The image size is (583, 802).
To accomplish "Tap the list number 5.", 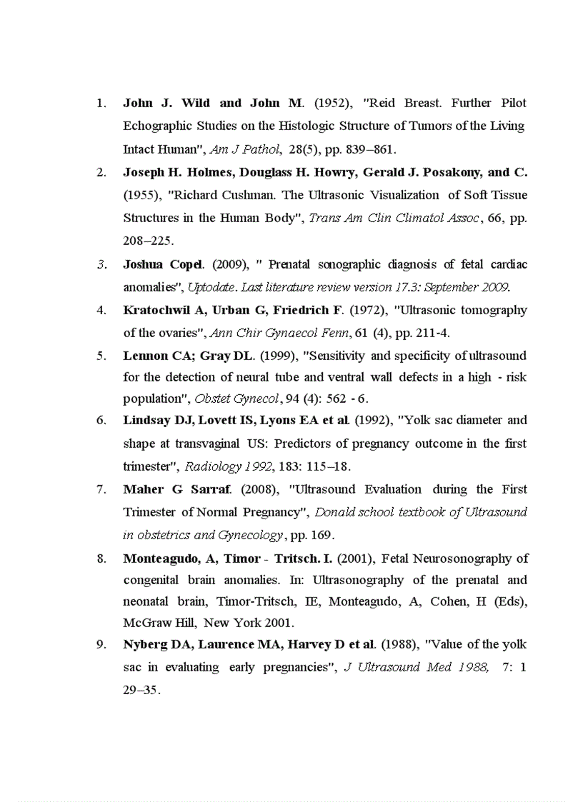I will [x=101, y=356].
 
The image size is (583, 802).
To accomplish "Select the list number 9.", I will [x=101, y=644].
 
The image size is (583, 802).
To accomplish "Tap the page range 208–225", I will [x=147, y=241].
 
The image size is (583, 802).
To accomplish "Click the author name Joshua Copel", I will [x=162, y=264].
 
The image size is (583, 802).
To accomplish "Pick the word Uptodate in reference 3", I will [x=211, y=287].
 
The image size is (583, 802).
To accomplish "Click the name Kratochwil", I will [x=156, y=310].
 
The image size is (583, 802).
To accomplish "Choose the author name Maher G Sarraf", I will [x=178, y=489].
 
